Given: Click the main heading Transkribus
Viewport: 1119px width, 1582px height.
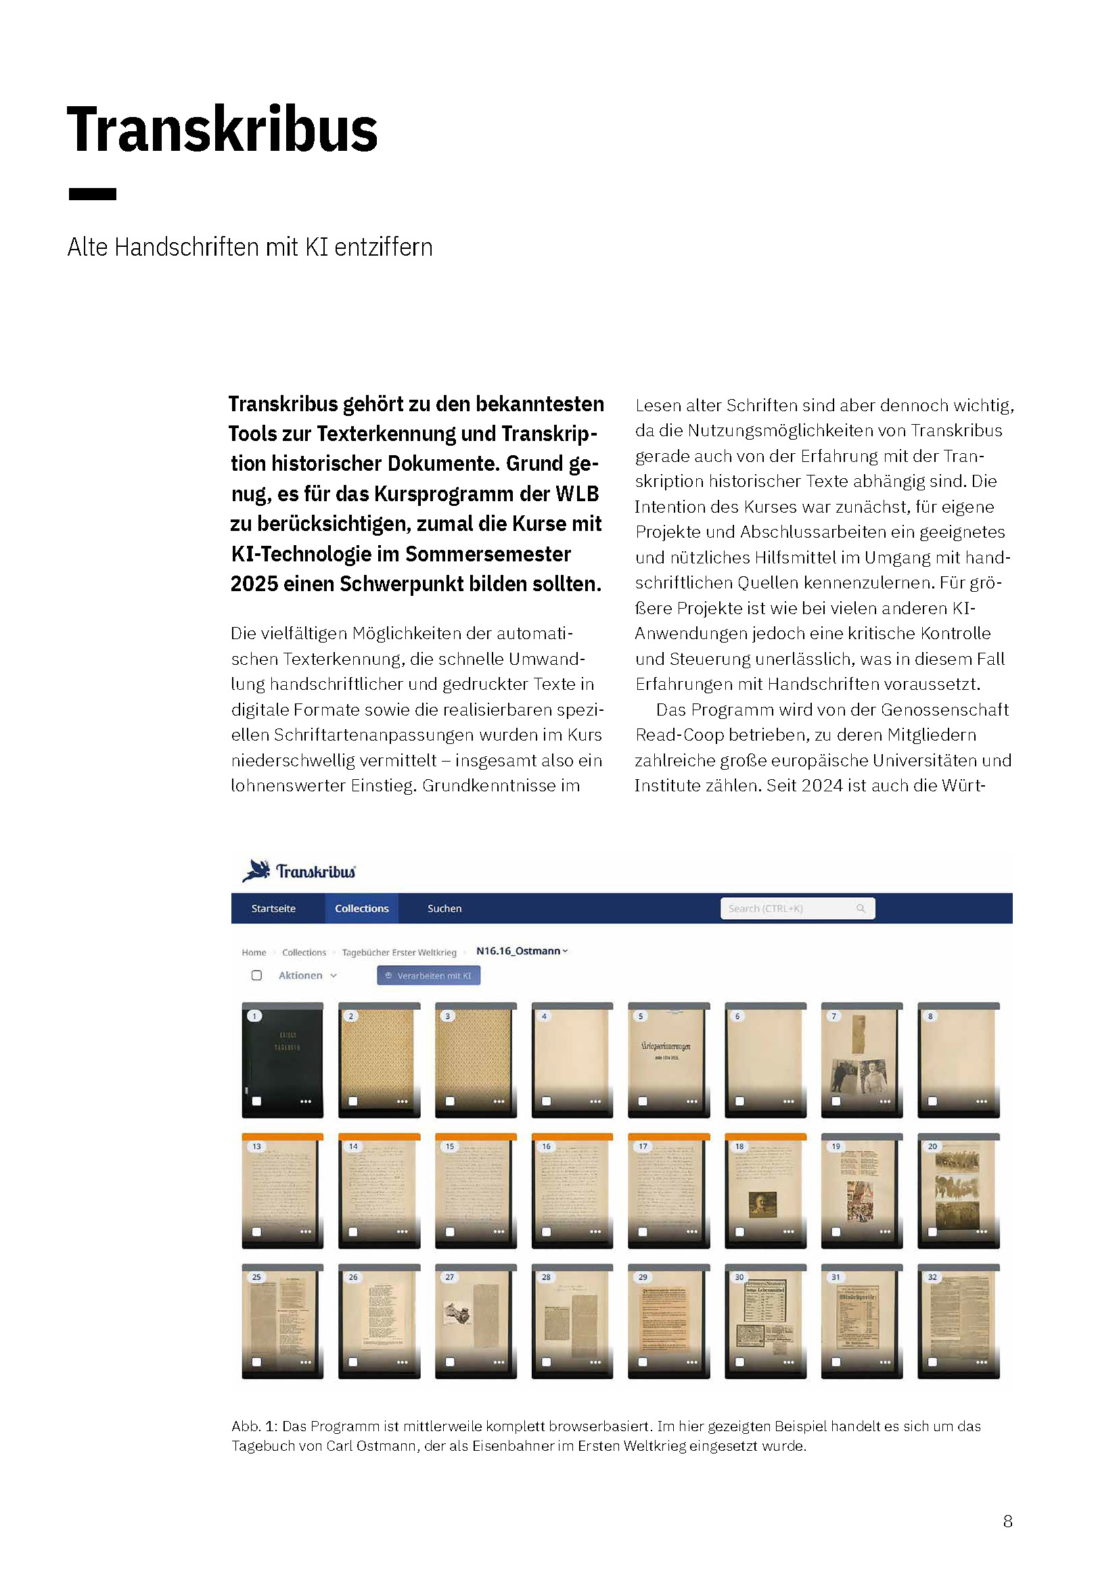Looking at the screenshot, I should click(x=222, y=130).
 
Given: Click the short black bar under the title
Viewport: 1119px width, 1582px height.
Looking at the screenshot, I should click(x=92, y=193).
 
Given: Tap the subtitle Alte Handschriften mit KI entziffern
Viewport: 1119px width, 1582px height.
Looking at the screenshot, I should click(x=250, y=247).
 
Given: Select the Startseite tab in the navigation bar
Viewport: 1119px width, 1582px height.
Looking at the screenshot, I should click(x=273, y=908).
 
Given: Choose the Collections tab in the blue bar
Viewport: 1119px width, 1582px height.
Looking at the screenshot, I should click(x=362, y=908).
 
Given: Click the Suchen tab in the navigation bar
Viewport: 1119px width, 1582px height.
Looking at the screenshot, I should click(x=444, y=908).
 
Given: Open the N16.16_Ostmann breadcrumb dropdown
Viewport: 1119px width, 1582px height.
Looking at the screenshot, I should click(x=522, y=951).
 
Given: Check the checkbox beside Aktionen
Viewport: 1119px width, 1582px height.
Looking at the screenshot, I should click(x=257, y=975).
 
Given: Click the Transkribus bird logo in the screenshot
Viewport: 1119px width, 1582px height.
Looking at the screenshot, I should click(x=256, y=870).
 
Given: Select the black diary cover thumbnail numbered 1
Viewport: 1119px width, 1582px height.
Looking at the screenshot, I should click(x=283, y=1059).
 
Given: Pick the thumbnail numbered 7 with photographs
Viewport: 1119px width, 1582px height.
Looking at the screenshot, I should click(x=861, y=1059).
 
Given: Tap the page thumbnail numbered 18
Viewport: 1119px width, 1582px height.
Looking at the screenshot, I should click(x=765, y=1190).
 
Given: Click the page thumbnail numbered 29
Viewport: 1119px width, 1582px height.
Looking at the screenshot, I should click(x=668, y=1321).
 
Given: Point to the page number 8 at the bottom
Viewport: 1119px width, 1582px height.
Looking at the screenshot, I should click(x=1007, y=1521).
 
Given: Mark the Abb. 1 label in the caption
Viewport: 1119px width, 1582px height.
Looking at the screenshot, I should click(x=254, y=1426).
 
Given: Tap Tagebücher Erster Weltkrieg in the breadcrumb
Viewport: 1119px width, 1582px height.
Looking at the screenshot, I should click(x=399, y=952).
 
